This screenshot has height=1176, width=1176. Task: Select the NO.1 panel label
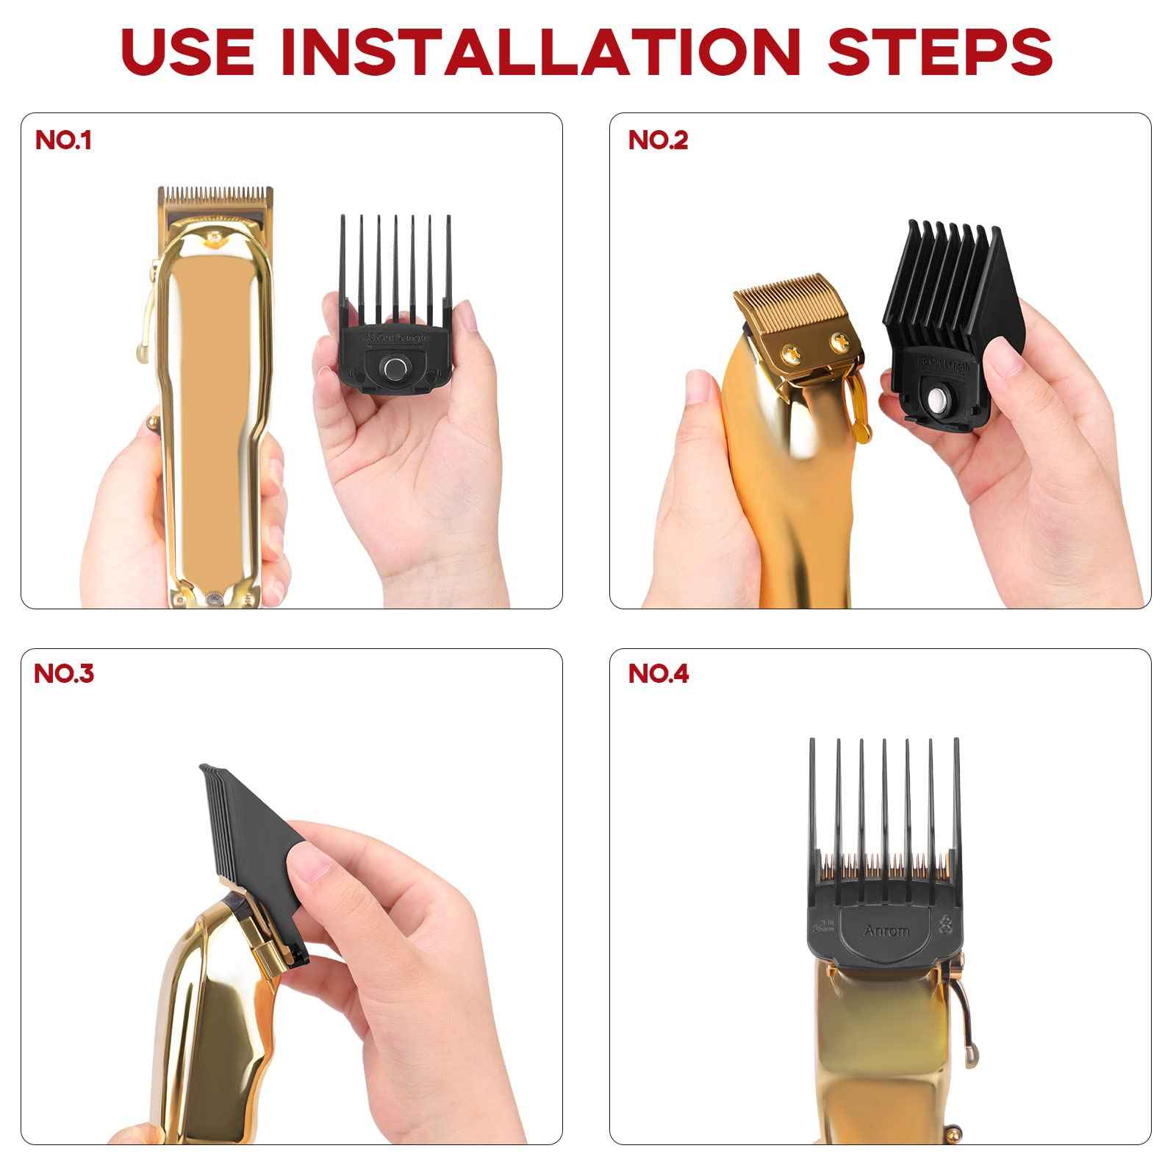pos(63,140)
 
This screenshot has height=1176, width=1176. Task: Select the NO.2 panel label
pos(658,140)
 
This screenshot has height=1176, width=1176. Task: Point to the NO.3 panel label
pos(64,673)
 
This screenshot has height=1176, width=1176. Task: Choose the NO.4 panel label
pos(659,673)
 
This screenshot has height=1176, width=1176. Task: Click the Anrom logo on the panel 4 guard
pos(886,931)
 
